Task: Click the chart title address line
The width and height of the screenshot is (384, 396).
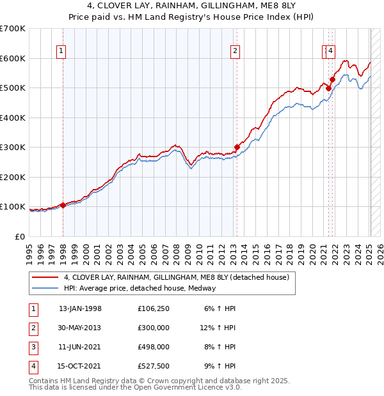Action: tap(192, 8)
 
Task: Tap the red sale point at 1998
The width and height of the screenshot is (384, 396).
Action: tap(63, 206)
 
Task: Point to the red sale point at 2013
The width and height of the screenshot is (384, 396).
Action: tap(237, 147)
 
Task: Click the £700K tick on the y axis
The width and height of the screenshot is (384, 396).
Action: tap(13, 29)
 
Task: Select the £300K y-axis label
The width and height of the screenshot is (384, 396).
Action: tap(13, 147)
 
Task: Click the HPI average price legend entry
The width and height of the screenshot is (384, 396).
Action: tap(140, 288)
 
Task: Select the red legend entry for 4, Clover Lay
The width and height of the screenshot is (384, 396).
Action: tap(176, 277)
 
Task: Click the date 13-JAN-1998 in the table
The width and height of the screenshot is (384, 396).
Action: tap(80, 308)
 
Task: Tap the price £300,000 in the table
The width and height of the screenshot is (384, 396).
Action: tap(154, 328)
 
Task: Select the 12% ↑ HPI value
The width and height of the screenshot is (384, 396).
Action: tap(218, 328)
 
